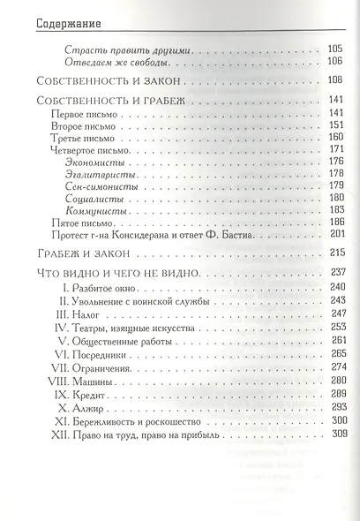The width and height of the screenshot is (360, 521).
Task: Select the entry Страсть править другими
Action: coord(129,51)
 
